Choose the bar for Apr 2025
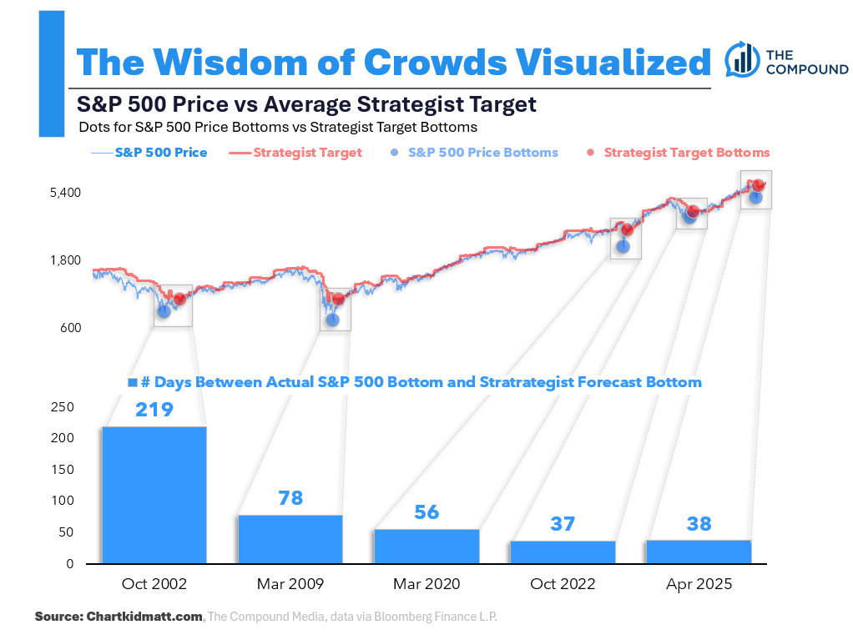pyautogui.click(x=699, y=552)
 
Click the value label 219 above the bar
pyautogui.click(x=154, y=410)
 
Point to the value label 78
pyautogui.click(x=290, y=499)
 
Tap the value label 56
pyautogui.click(x=426, y=512)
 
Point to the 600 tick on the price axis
pyautogui.click(x=69, y=328)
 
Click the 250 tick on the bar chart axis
pyautogui.click(x=63, y=407)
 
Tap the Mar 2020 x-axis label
pyautogui.click(x=426, y=584)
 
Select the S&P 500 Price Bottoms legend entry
pyautogui.click(x=473, y=153)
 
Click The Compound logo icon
pyautogui.click(x=741, y=58)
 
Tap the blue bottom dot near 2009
pyautogui.click(x=332, y=319)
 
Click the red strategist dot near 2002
pyautogui.click(x=179, y=298)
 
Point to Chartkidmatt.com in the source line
pyautogui.click(x=144, y=617)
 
